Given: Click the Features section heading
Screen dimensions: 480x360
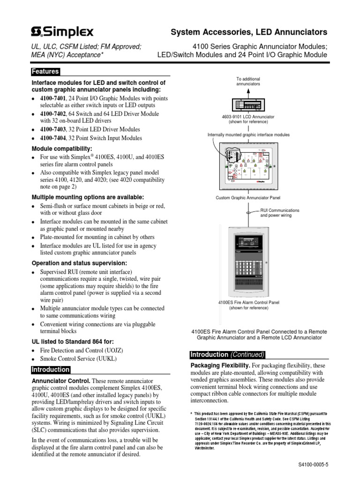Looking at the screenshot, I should (x=45, y=72).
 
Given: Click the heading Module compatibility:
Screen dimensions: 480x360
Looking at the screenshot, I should (x=62, y=148).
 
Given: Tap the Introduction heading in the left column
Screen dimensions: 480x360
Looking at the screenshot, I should (x=50, y=370).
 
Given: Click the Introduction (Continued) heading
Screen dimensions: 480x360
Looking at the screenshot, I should (x=227, y=354).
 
